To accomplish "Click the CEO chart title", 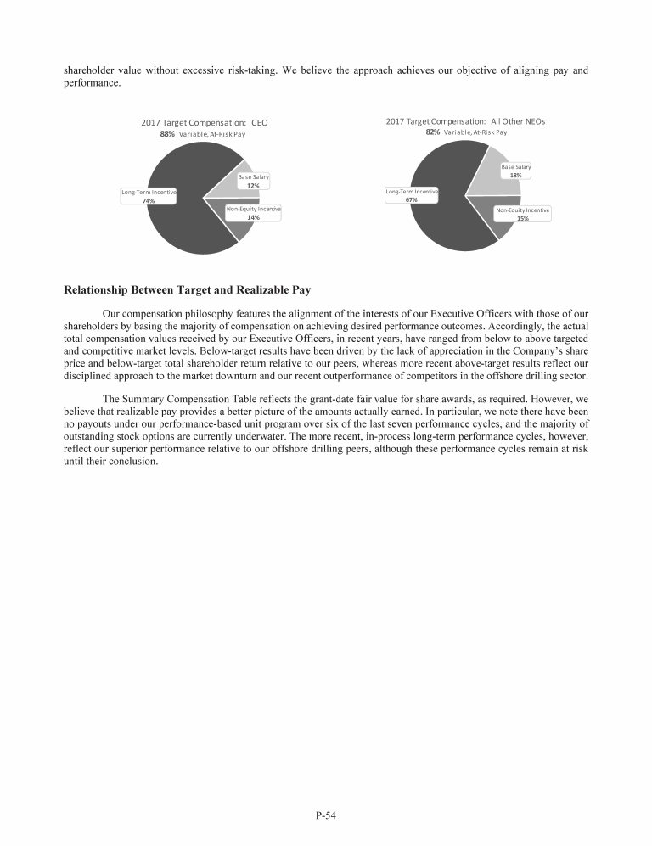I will tap(204, 123).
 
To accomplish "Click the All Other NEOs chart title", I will tap(465, 121).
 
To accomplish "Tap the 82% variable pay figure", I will tap(433, 132).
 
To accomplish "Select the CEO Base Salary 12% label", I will tap(253, 181).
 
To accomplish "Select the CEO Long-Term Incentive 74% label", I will tap(149, 197).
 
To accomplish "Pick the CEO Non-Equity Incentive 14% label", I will tap(253, 213).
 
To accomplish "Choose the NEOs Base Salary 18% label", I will tap(515, 171).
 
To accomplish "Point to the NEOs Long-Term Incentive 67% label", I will tap(412, 195).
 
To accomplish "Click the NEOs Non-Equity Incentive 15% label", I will tap(522, 214).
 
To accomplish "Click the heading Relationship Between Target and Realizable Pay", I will tap(187, 289).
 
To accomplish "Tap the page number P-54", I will tap(326, 815).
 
